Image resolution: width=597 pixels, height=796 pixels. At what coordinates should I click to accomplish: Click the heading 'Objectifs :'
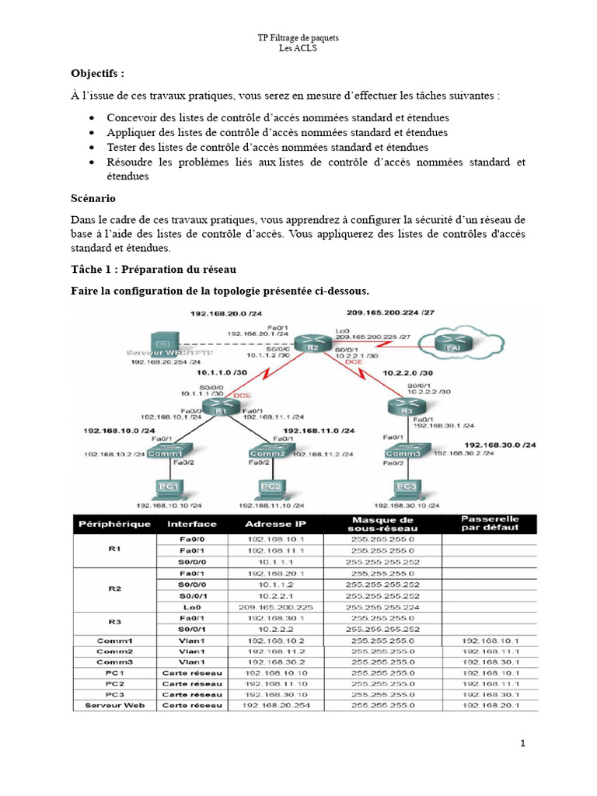pyautogui.click(x=97, y=73)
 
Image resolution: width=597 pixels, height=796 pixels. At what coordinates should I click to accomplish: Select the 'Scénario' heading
pyautogui.click(x=93, y=198)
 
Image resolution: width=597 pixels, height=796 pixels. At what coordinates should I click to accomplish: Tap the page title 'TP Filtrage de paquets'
pyautogui.click(x=298, y=38)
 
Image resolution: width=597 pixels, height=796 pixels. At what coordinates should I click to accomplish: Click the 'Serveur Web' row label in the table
pyautogui.click(x=113, y=705)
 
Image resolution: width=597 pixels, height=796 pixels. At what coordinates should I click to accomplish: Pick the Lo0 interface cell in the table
pyautogui.click(x=191, y=607)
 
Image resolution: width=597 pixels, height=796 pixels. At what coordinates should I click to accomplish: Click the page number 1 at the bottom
pyautogui.click(x=523, y=744)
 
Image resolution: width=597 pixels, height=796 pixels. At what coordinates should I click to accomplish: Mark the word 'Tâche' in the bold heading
pyautogui.click(x=88, y=269)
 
